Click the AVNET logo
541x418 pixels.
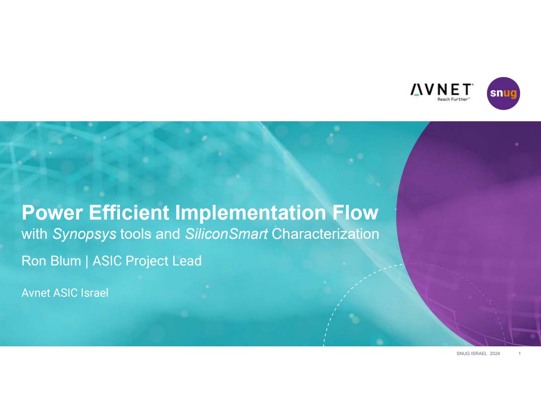point(442,92)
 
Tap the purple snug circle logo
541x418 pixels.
point(503,93)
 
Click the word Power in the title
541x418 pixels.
point(52,213)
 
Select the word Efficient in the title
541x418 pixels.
point(129,212)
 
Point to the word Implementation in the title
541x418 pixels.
point(251,213)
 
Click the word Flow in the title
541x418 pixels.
point(355,212)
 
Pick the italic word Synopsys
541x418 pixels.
point(84,235)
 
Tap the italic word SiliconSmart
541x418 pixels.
point(226,234)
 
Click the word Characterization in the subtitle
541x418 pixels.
point(325,234)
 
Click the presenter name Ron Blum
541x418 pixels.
point(51,261)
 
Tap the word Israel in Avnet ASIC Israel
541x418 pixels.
point(94,293)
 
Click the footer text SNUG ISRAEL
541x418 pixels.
point(472,354)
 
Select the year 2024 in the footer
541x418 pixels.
point(495,354)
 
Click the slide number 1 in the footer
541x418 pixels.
point(519,354)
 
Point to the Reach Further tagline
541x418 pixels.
point(453,99)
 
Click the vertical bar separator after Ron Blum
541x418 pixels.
point(86,261)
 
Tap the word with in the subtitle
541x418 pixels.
point(34,234)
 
